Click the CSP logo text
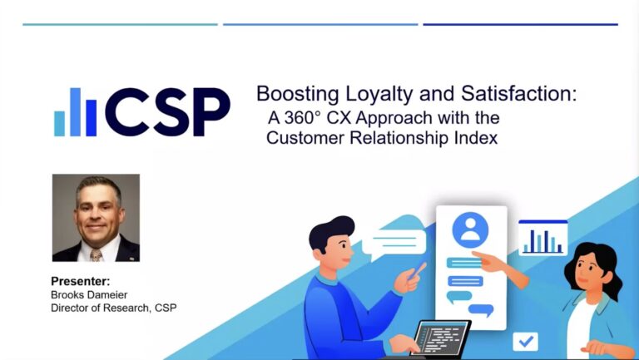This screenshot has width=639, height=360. pos(167,111)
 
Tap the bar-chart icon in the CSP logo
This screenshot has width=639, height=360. pos(76,112)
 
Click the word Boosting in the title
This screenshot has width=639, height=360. pos(298,94)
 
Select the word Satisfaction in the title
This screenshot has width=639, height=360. pos(519,93)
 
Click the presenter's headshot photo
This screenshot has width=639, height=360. pos(96,218)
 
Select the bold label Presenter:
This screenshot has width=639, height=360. pos(80,281)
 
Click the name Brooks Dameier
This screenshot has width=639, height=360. pos(89,294)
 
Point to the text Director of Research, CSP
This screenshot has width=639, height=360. pos(114,308)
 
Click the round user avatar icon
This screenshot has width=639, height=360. pos(470,229)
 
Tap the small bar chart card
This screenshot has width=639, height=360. pos(542,239)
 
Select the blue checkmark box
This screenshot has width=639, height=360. pos(525,341)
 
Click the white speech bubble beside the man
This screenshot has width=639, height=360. pos(394,243)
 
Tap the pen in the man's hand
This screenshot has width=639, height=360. pos(418,271)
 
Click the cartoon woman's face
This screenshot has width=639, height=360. pos(588,272)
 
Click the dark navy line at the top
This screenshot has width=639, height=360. pos(520,24)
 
